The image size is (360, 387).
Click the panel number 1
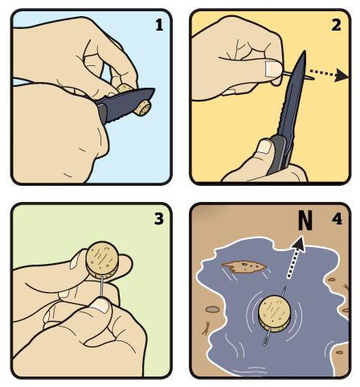tap(159, 25)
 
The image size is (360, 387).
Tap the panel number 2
tap(336, 25)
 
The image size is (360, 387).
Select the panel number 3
tap(159, 218)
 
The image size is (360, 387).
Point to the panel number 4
tap(337, 219)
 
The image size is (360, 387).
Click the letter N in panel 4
tap(305, 220)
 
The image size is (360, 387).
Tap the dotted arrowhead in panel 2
tap(342, 75)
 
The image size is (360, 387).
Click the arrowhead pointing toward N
tap(300, 243)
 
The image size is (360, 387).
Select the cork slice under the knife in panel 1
tap(142, 108)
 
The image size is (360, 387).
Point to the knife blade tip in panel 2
tap(305, 51)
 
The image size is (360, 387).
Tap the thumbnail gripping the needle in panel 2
tap(273, 69)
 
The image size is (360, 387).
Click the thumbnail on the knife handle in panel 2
tap(264, 146)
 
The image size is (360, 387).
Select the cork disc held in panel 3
tap(102, 260)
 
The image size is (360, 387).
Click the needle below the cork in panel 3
tap(102, 286)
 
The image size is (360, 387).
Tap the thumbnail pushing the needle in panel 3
tap(100, 305)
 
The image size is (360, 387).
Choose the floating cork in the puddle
tap(275, 312)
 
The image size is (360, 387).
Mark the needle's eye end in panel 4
tap(265, 342)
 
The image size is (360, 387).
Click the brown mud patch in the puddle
tap(243, 266)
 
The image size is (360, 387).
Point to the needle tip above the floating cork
tap(285, 287)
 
